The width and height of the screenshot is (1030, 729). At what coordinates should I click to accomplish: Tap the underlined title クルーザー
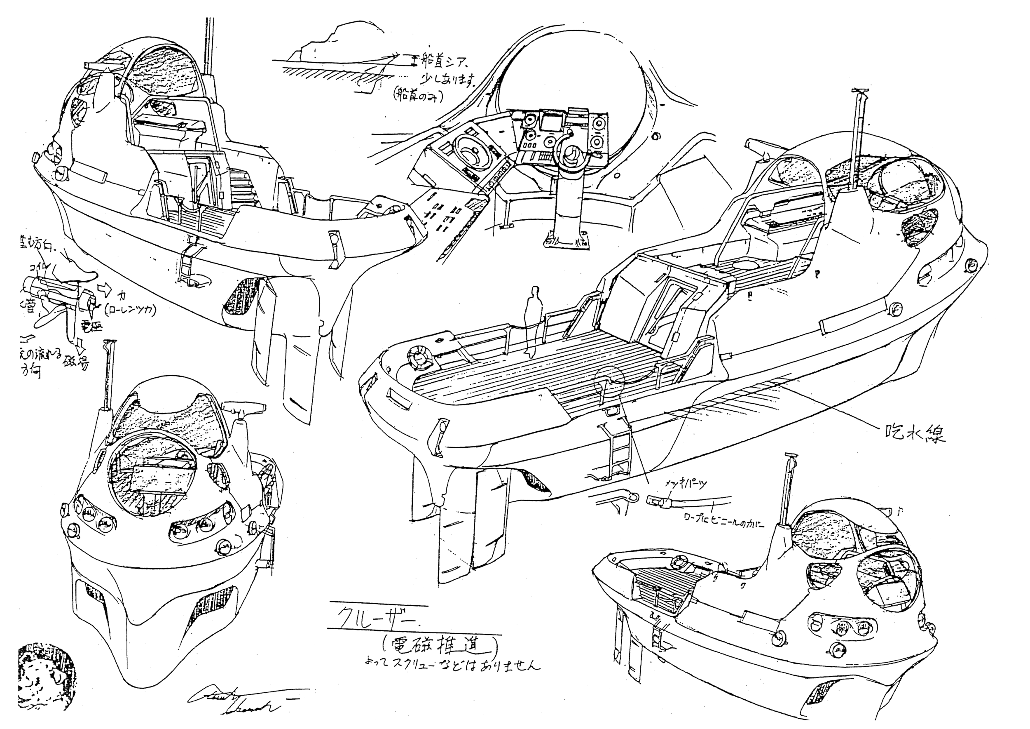(x=372, y=616)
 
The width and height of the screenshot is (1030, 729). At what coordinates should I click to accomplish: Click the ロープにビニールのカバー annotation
(x=723, y=522)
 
